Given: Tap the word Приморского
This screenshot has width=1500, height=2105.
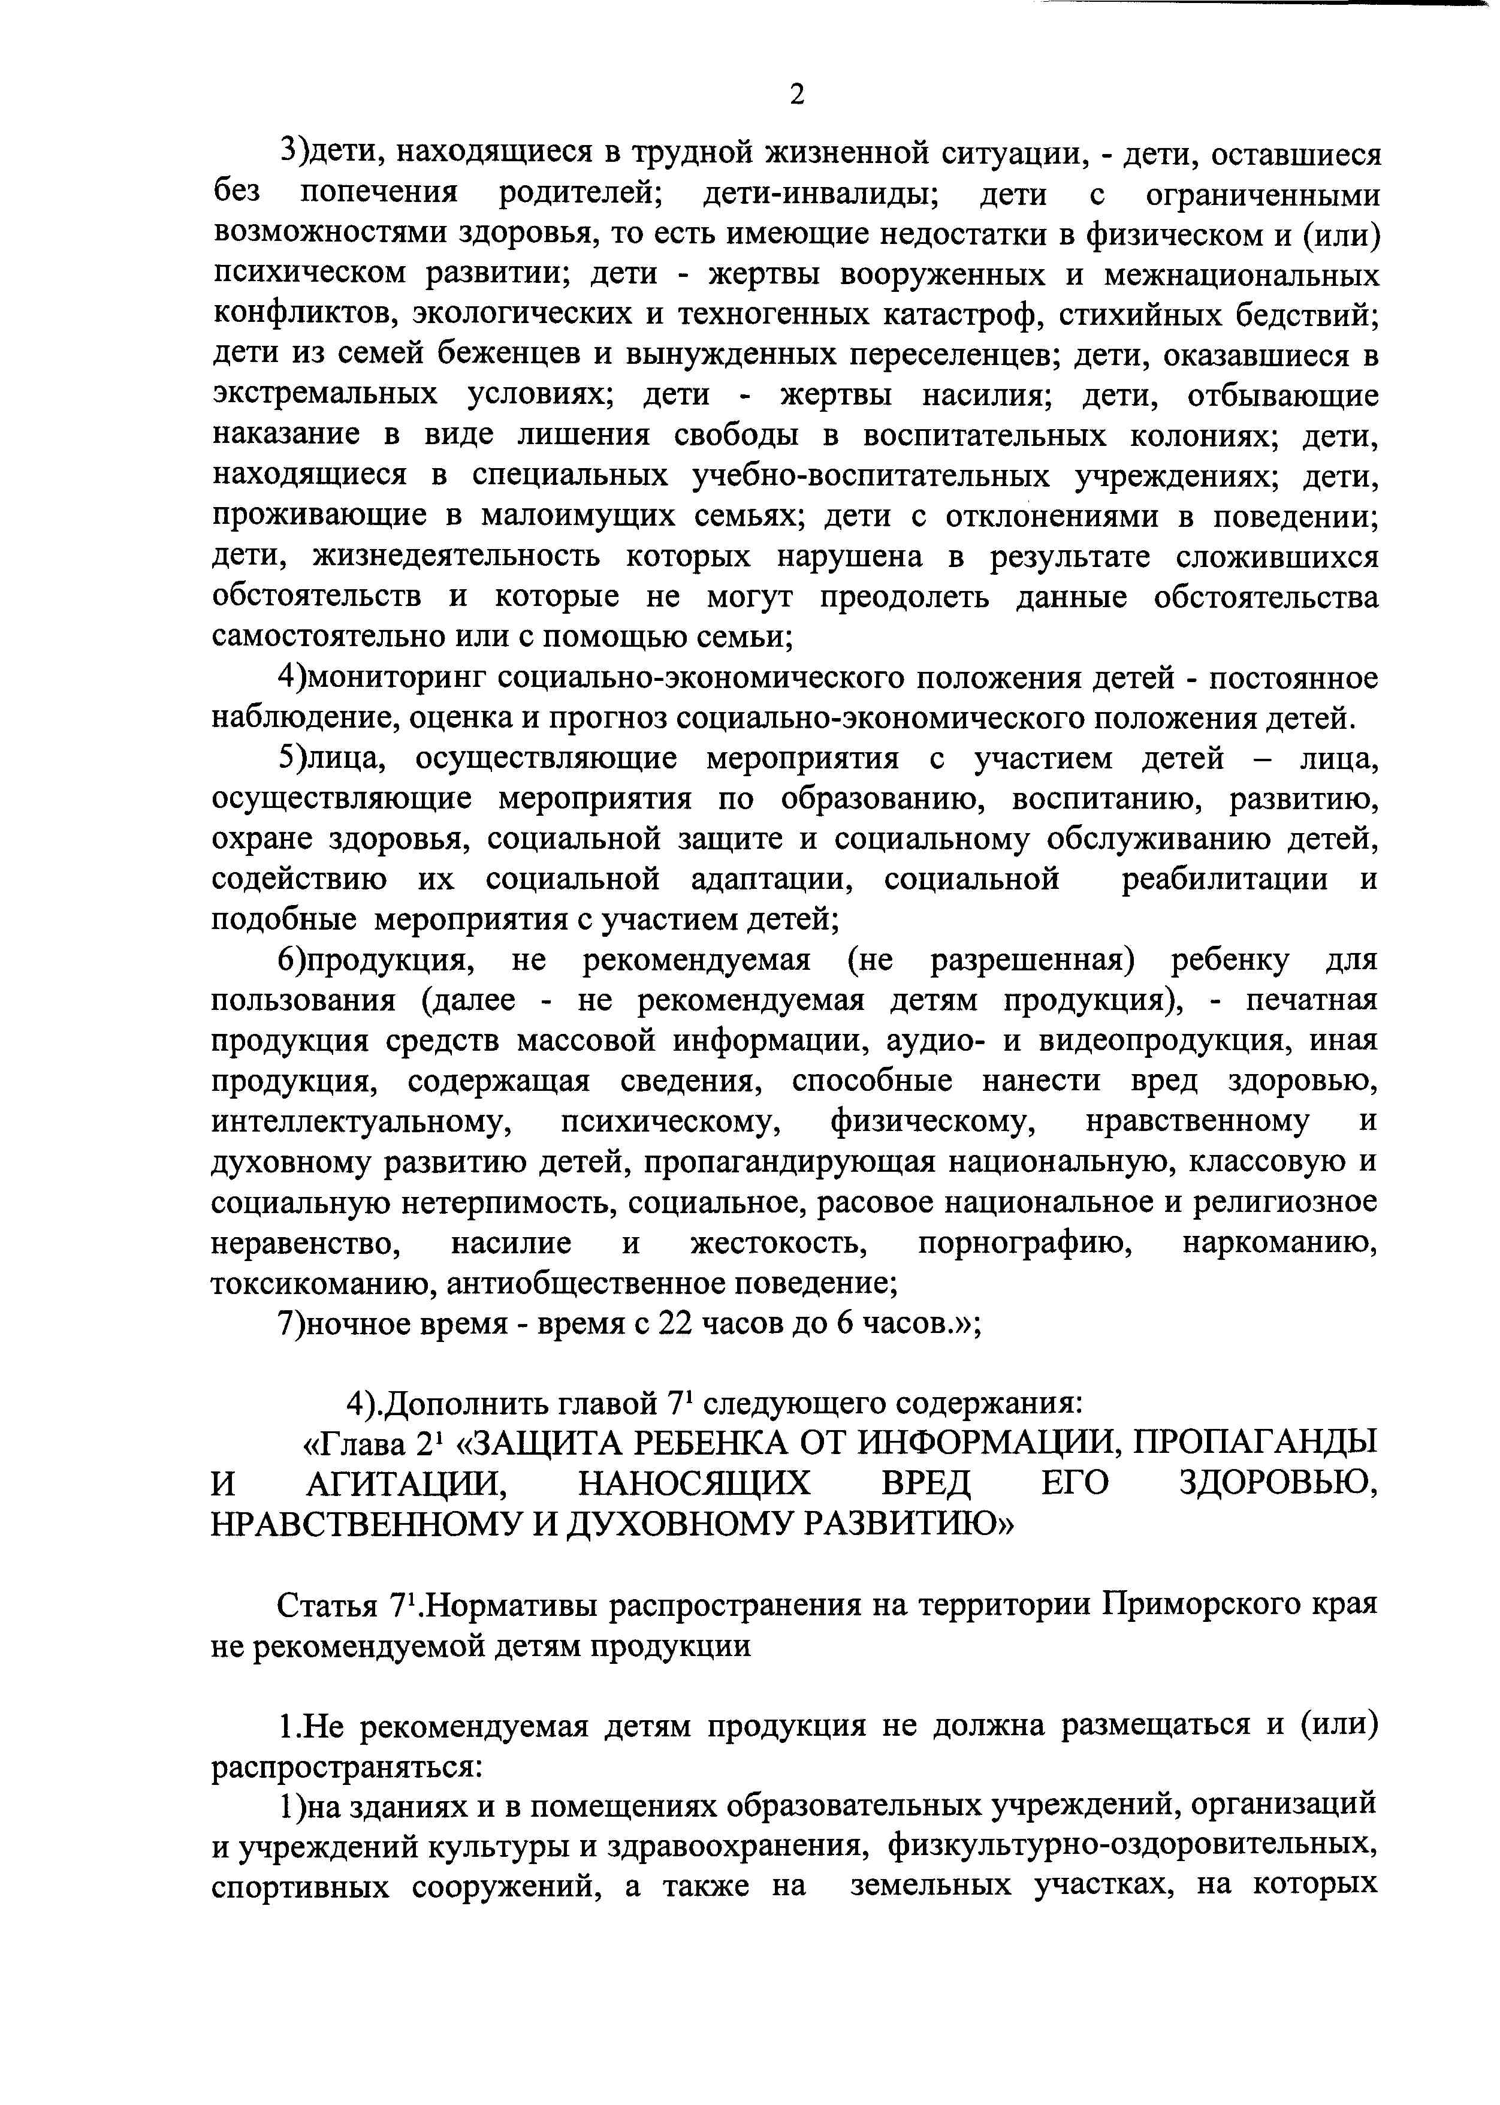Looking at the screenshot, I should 1202,1605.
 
